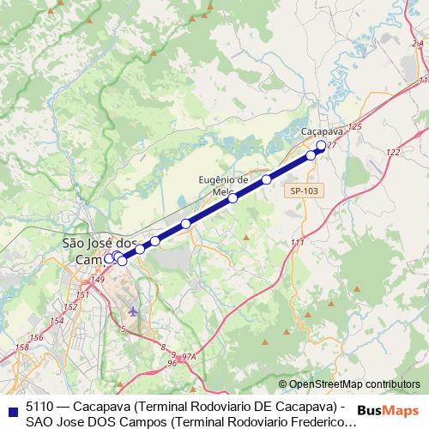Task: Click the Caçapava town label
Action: coord(323,131)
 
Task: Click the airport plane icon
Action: coord(132,310)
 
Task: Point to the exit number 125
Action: coord(355,127)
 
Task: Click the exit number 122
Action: coord(393,152)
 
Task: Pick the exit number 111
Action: coord(297,243)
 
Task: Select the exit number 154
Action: coord(57,320)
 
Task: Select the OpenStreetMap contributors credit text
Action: coord(354,384)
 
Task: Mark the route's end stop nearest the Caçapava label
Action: coord(321,146)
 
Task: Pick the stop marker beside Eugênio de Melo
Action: coord(233,198)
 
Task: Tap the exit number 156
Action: coord(36,338)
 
